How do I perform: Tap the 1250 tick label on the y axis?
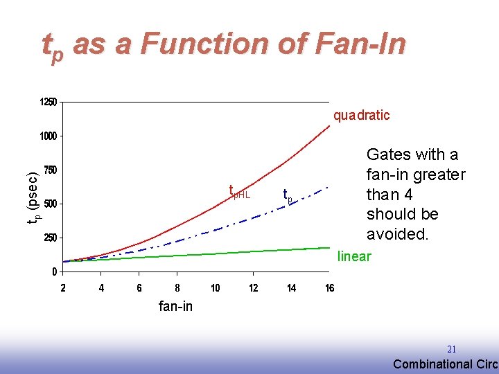point(48,103)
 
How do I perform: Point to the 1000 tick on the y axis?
point(48,136)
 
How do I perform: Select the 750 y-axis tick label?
point(50,170)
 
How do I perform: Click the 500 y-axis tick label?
point(50,204)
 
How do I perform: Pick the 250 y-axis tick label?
point(50,238)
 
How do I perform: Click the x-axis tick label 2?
point(63,288)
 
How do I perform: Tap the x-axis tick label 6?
point(139,288)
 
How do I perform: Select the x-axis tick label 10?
point(216,288)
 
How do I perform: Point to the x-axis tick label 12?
point(254,288)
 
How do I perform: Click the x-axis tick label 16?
point(330,288)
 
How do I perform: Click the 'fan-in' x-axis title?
point(175,306)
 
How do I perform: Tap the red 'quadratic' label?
point(361,116)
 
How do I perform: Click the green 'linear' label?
point(354,257)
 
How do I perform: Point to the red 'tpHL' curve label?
point(239,193)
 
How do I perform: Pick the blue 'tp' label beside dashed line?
point(288,196)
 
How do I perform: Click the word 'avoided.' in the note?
point(398,234)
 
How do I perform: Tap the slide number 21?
point(451,350)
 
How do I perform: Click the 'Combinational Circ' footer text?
point(445,364)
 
